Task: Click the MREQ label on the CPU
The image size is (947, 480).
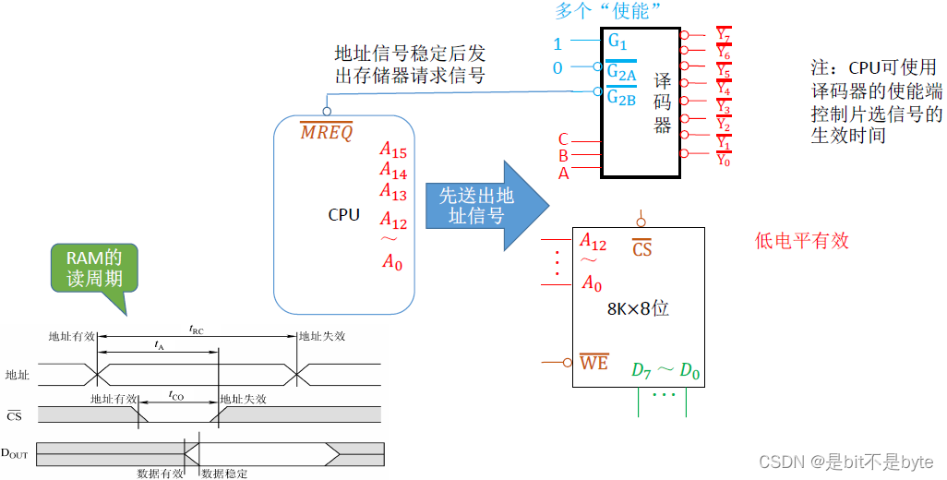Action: [327, 132]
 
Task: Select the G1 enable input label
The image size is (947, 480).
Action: [617, 42]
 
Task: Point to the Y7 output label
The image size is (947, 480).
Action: [725, 36]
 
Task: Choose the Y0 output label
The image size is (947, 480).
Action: [725, 159]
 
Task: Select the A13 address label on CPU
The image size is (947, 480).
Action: [393, 191]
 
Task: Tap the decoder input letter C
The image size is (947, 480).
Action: [563, 140]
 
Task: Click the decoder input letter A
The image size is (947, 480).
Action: [563, 173]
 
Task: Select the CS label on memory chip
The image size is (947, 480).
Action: [641, 249]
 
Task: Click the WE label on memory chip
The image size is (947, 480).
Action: [594, 363]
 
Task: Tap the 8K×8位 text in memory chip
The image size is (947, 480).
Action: [638, 308]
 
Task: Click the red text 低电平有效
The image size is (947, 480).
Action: [801, 241]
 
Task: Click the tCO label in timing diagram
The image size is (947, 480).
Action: [176, 395]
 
